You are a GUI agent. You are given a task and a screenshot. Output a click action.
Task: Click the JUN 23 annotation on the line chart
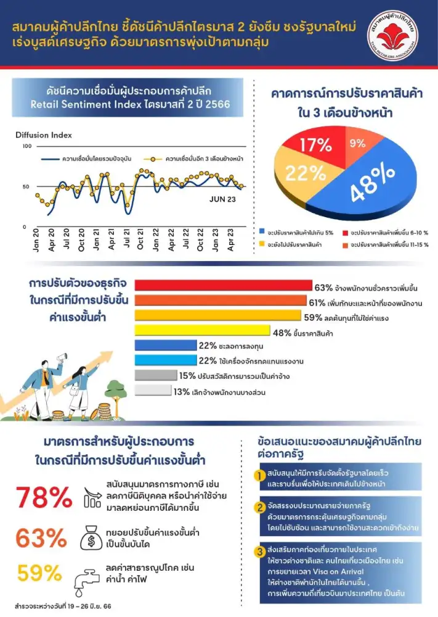(222, 199)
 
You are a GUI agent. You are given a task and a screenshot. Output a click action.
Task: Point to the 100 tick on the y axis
(26, 146)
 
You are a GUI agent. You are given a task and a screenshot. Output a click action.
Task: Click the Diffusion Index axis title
(44, 135)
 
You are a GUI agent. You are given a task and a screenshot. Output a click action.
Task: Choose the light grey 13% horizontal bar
(152, 390)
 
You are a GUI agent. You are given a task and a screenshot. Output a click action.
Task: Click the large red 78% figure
(44, 497)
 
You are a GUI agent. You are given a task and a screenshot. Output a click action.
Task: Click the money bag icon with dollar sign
(92, 537)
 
